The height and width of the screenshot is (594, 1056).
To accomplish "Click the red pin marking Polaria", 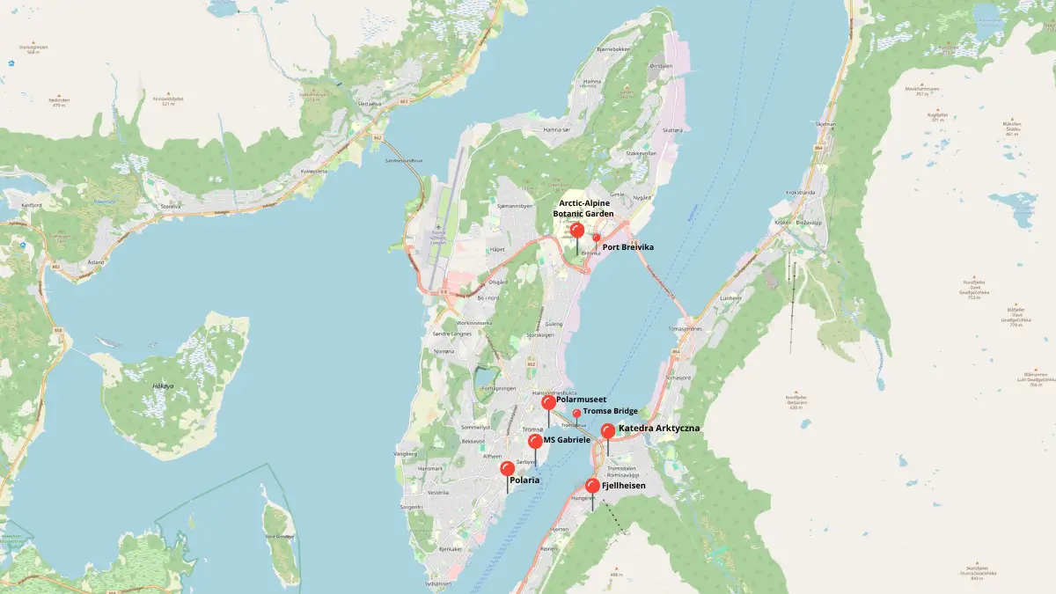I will (507, 469).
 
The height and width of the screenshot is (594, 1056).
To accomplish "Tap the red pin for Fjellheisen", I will (592, 486).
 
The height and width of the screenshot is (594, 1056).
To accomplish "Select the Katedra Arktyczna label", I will (659, 429).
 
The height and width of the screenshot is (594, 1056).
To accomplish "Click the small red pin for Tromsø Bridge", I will (577, 413).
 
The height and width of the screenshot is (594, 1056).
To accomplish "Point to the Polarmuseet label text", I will (582, 400).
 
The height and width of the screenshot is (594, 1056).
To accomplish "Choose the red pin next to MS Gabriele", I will (535, 440).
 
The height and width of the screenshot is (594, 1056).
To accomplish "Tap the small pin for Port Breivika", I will (596, 238).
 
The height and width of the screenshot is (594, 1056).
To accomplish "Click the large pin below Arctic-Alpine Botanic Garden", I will (577, 231).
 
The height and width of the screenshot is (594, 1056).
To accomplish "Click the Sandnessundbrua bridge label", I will (404, 160).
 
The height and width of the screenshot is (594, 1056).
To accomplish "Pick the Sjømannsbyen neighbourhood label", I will (515, 205).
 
